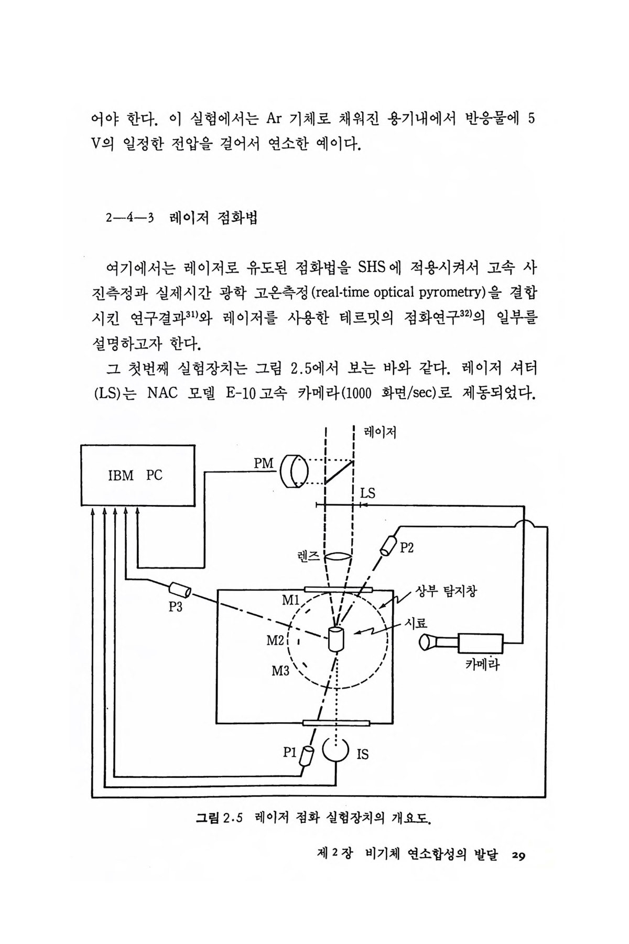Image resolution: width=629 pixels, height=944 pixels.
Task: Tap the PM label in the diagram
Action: [263, 464]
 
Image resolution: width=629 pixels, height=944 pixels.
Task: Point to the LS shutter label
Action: [368, 493]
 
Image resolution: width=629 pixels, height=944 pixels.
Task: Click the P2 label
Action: [407, 548]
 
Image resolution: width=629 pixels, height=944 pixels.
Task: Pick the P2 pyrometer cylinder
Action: [389, 545]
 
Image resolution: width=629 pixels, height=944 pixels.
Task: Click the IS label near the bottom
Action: [362, 754]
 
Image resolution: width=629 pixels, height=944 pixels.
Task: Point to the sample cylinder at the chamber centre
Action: [335, 639]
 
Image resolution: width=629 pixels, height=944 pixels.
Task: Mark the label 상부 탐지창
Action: [446, 592]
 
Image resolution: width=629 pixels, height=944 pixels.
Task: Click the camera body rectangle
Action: [481, 643]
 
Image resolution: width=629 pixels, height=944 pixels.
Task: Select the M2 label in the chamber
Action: [275, 640]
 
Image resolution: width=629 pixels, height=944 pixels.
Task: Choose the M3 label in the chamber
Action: [280, 670]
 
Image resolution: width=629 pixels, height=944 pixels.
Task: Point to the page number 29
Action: [518, 856]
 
